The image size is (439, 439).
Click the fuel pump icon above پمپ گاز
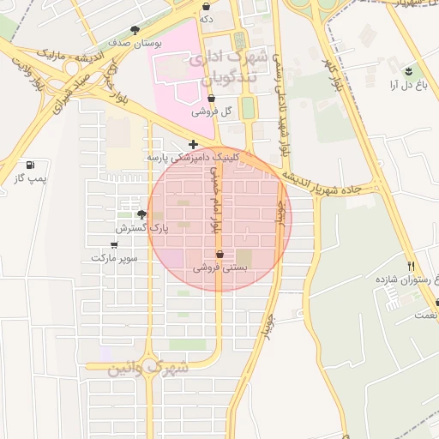click(x=32, y=165)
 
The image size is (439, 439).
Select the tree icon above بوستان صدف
click(x=134, y=29)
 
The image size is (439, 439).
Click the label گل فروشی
click(x=212, y=112)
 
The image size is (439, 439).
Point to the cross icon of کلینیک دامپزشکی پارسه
click(x=194, y=144)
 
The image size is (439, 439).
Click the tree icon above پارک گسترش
click(x=141, y=214)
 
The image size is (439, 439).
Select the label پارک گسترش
click(x=142, y=229)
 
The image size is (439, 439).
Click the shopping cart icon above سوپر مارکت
click(x=114, y=245)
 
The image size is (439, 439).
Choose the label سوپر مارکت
click(x=114, y=258)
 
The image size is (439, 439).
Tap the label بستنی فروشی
click(x=220, y=268)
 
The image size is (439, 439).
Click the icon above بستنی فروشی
click(x=220, y=254)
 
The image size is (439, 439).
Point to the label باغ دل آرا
click(x=408, y=85)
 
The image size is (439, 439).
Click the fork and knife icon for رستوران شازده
click(x=411, y=267)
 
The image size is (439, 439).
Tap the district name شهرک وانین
click(x=147, y=370)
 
